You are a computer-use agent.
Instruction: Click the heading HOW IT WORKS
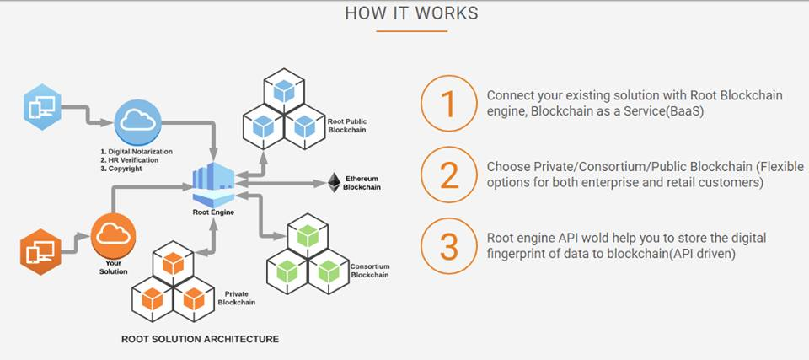[x=411, y=13]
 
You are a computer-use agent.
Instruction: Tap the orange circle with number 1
[x=448, y=103]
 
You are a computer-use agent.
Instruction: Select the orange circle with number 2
[x=448, y=175]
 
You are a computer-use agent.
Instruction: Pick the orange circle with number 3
[x=448, y=246]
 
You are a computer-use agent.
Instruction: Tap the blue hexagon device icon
[x=41, y=107]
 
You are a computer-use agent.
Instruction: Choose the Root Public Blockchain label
[x=346, y=126]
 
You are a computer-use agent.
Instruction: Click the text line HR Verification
[x=133, y=159]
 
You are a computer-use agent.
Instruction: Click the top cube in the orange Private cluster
[x=172, y=264]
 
